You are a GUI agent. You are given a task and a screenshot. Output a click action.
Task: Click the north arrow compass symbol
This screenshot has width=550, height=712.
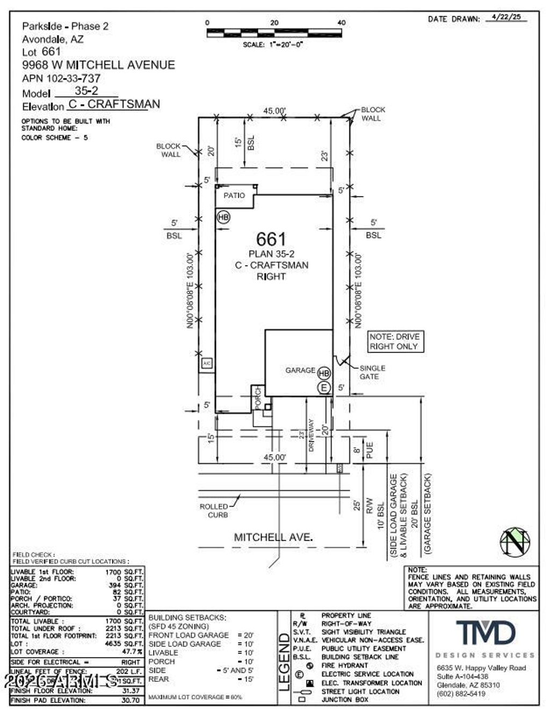click(x=515, y=542)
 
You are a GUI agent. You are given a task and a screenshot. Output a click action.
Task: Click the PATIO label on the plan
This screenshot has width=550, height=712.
click(x=234, y=196)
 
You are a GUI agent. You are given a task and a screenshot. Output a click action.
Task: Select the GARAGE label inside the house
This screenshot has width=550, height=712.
click(x=300, y=370)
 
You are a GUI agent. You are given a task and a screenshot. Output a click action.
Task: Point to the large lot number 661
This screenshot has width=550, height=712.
click(x=271, y=239)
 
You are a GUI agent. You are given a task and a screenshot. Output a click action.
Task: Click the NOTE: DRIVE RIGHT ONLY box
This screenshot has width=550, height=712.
click(x=394, y=342)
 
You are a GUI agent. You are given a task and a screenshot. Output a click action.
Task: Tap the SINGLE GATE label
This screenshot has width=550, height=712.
click(x=372, y=372)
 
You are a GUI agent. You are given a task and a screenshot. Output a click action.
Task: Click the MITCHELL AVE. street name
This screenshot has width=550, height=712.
click(x=273, y=537)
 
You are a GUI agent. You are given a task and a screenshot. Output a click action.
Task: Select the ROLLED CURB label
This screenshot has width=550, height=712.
click(x=214, y=510)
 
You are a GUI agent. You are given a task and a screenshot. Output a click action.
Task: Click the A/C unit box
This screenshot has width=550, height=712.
click(x=207, y=364)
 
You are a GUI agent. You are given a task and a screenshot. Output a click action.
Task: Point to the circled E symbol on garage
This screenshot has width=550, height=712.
click(x=324, y=387)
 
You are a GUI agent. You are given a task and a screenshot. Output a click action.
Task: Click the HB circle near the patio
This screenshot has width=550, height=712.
click(x=223, y=217)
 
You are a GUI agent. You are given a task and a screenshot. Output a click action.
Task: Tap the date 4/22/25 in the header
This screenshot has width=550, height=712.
click(x=506, y=17)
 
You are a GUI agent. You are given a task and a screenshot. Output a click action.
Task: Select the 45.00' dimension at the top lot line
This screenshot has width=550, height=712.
click(x=274, y=111)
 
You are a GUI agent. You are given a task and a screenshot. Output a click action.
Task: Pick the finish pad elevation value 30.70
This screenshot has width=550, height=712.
click(x=131, y=700)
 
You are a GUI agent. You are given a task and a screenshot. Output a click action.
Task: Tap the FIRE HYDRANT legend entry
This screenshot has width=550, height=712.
click(x=344, y=665)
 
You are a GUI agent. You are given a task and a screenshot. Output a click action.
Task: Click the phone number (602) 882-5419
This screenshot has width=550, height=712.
click(x=461, y=694)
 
